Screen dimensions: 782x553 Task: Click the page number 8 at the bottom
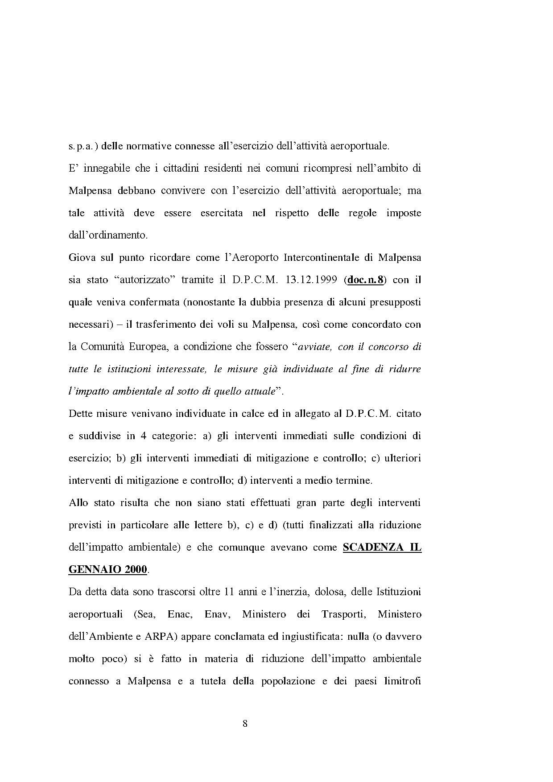pos(245,723)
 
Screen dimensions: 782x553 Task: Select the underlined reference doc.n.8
pos(365,280)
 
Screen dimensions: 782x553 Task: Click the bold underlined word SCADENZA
pos(372,547)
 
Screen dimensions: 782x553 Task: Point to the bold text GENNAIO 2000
pos(107,569)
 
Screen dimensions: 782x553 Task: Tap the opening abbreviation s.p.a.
pos(83,146)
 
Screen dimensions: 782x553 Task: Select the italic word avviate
pos(315,347)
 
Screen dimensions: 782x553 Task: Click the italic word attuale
pos(259,391)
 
